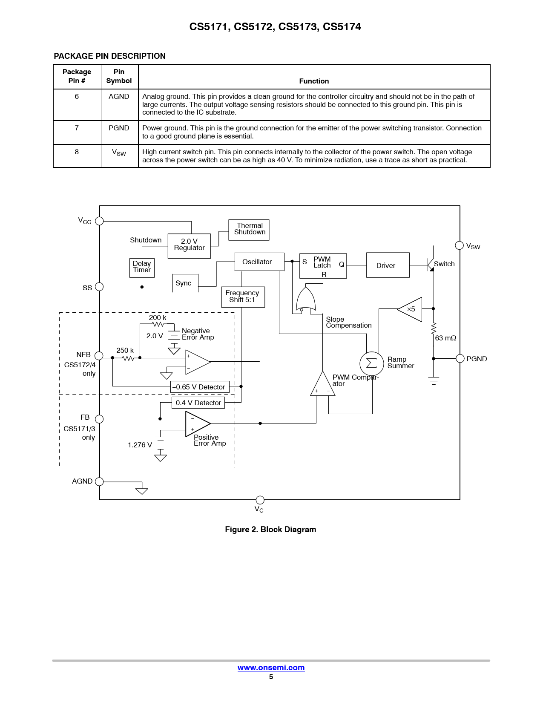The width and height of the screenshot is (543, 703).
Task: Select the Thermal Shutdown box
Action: tap(249, 230)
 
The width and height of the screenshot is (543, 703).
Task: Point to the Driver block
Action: tap(388, 265)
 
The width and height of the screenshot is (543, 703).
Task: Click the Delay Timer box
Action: tap(142, 268)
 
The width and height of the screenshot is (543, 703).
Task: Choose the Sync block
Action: tap(186, 283)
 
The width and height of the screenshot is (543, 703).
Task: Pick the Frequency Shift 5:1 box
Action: tap(243, 297)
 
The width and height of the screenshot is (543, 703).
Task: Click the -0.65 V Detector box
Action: tap(200, 387)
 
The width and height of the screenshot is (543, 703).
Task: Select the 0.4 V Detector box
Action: tap(198, 403)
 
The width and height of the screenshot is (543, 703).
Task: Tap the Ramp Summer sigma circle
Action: tap(371, 363)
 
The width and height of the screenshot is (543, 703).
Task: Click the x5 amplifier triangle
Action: tap(411, 309)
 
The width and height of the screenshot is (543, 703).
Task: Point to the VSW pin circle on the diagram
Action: tap(460, 245)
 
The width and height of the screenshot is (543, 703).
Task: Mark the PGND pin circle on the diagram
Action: tap(460, 359)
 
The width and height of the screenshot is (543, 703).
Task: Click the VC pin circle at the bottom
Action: tap(260, 500)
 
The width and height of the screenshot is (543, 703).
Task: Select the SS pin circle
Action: tap(99, 287)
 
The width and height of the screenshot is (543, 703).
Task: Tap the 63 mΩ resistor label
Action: tap(445, 338)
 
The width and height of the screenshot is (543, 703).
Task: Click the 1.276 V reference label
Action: tap(140, 445)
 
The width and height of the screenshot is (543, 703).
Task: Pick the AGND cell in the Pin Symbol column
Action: tap(119, 97)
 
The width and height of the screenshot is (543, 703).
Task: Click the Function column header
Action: tap(314, 81)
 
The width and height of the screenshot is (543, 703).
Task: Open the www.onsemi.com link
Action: tap(271, 668)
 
